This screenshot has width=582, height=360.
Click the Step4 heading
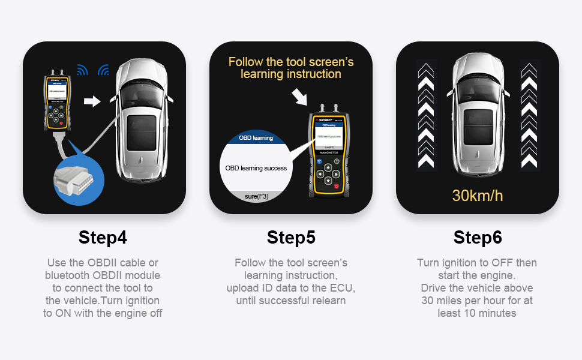(103, 238)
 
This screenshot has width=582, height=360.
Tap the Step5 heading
(291, 238)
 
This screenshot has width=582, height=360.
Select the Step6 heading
(478, 238)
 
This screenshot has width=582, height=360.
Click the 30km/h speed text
(478, 195)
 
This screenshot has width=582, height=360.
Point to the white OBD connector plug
(74, 179)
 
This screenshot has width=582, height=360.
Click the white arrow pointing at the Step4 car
(92, 101)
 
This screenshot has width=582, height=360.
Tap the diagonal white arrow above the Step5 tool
(300, 96)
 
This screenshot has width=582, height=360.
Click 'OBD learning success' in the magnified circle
(256, 168)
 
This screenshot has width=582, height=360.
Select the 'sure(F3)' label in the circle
(256, 196)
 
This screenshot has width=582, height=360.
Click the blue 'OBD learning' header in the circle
(256, 138)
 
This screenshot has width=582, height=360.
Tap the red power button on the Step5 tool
(336, 187)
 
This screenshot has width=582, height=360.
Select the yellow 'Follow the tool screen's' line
(291, 62)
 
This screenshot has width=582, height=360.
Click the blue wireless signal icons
(93, 70)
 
